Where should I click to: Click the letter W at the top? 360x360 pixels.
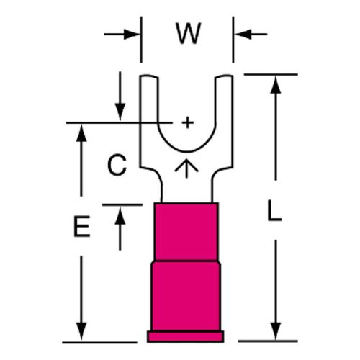point(188,34)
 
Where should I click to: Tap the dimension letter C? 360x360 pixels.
point(117,165)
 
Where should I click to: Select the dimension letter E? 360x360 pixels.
point(82,226)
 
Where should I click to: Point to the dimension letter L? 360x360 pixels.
point(274,210)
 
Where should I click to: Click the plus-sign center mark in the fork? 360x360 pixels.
point(188,123)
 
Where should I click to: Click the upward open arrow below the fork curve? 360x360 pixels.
point(186,168)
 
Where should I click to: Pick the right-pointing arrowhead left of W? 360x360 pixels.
point(132,35)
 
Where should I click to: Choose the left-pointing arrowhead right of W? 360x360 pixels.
point(243,35)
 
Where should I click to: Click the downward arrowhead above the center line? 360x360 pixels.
point(120,112)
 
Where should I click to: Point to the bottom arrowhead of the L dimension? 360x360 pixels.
point(276,331)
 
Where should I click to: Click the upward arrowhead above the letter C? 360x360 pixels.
point(81,133)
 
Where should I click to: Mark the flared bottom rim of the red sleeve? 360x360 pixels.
point(186,336)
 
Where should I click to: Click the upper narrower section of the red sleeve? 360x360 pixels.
point(186,232)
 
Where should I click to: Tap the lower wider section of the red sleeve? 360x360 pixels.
point(186,296)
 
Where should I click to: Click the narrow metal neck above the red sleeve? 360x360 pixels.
point(186,189)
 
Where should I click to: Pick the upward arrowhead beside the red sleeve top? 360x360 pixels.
point(120,216)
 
